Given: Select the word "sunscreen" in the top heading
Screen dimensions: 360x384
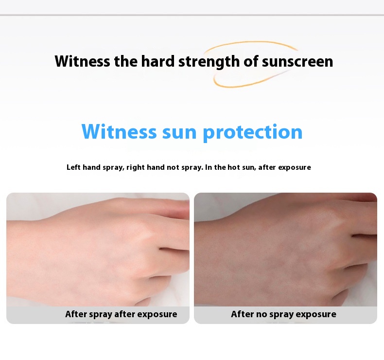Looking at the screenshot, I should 297,62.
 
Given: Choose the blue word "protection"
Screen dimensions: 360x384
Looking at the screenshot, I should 252,132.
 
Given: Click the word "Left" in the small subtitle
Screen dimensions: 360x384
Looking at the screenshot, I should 73,167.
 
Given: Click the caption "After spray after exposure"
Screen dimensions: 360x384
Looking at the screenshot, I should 121,314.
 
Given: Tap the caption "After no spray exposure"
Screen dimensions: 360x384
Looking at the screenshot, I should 283,314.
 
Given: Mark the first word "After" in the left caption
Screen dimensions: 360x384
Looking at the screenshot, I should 76,314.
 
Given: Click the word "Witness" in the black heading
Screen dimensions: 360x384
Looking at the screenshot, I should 82,62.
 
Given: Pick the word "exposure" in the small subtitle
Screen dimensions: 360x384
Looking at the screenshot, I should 294,167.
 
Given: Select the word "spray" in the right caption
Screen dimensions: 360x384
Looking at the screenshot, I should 281,314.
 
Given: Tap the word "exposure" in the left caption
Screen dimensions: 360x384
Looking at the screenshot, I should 157,314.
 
